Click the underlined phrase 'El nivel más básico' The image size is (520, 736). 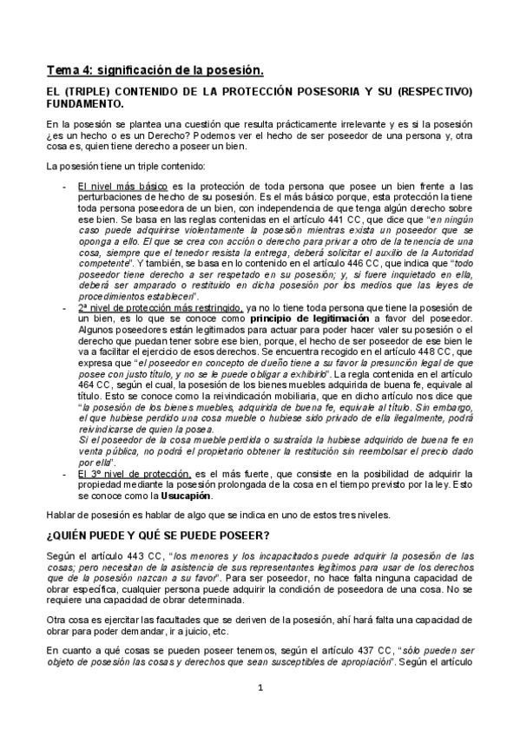pos(117,186)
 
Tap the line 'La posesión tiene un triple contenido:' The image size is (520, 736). pos(122,166)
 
